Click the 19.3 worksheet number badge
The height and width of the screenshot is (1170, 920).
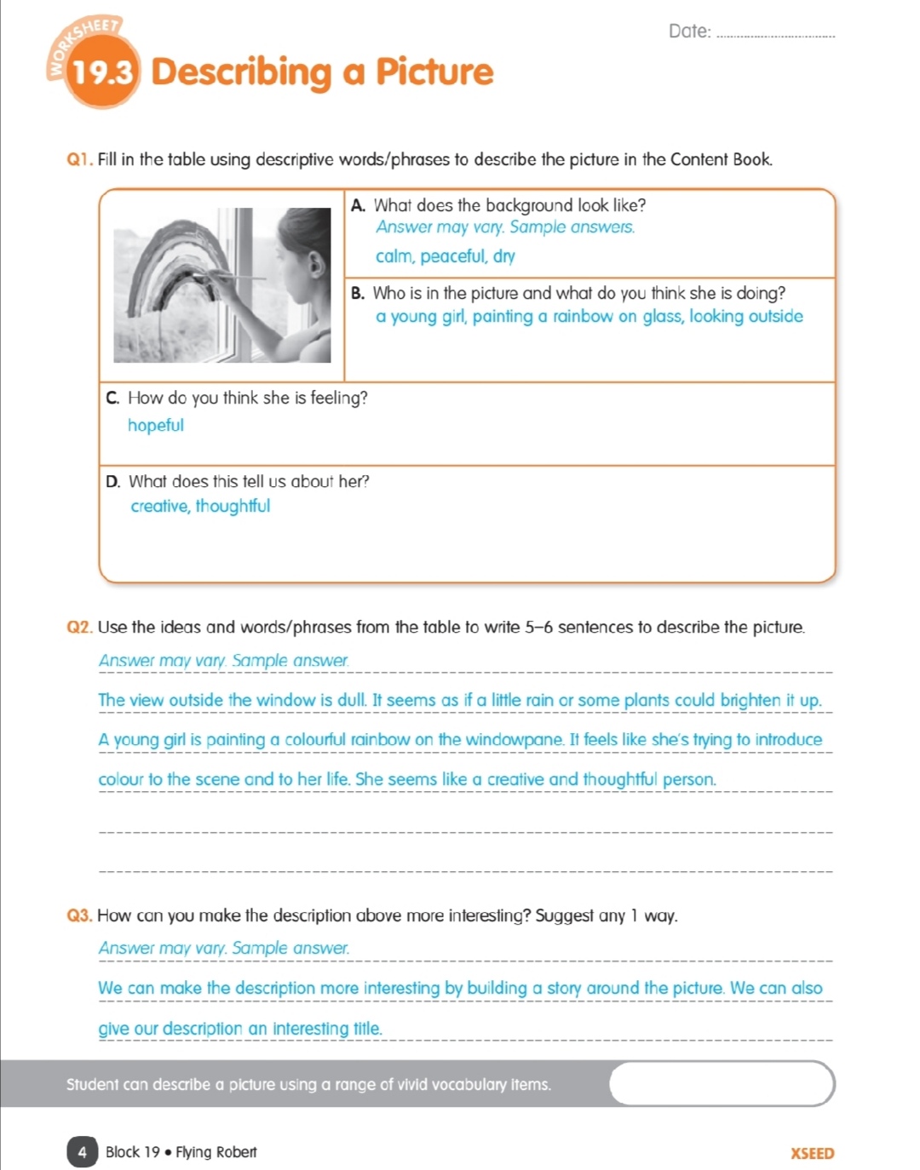[101, 73]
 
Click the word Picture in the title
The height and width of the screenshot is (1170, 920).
[434, 72]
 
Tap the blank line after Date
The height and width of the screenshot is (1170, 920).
[776, 34]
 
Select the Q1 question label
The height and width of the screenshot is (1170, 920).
[78, 160]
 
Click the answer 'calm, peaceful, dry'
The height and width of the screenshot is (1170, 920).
[445, 256]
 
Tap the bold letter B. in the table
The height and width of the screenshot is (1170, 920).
[358, 294]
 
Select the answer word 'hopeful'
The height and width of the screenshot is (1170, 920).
[155, 426]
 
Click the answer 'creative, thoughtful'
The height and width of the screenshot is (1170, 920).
[200, 507]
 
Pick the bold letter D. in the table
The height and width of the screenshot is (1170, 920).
[112, 482]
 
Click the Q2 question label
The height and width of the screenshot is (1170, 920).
[78, 628]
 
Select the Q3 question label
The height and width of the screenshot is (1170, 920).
[78, 916]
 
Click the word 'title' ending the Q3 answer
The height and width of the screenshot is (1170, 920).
[366, 1029]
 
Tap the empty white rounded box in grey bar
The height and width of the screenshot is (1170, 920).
[722, 1083]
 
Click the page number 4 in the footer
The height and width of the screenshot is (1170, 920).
[82, 1152]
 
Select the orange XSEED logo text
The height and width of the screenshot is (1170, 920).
[812, 1154]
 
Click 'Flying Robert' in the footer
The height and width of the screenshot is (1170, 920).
[216, 1152]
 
